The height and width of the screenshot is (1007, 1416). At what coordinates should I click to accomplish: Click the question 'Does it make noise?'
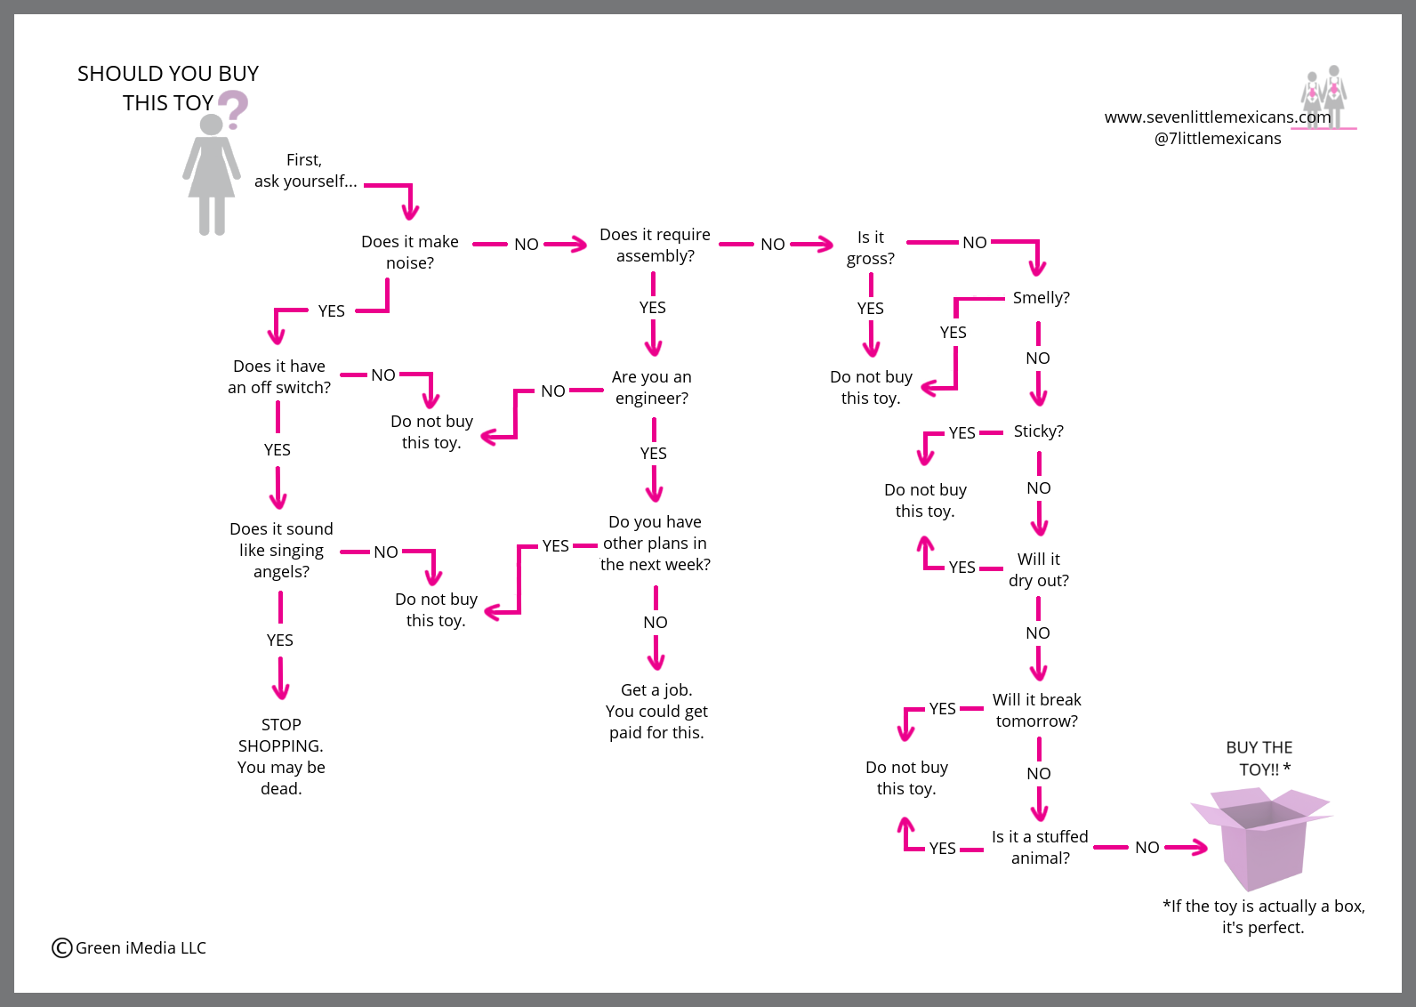410,252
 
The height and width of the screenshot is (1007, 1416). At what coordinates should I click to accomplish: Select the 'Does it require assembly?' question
655,245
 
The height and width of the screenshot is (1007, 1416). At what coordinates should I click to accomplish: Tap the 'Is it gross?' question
871,248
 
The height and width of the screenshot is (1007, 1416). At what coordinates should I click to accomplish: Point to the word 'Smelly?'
1042,298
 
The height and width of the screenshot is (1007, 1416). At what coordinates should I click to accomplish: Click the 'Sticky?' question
1039,431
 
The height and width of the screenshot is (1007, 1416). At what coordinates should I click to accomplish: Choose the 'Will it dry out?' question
1039,569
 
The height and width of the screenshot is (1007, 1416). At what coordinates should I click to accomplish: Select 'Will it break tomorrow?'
1037,710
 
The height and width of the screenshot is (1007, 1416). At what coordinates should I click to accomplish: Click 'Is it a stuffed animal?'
1040,847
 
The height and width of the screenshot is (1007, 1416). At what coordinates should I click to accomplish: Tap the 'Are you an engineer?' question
652,387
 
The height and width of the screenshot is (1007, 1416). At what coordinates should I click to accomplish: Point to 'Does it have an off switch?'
278,376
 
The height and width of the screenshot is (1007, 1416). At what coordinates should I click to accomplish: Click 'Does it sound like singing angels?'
281,550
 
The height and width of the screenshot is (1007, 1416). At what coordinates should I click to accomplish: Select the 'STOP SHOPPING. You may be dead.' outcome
281,756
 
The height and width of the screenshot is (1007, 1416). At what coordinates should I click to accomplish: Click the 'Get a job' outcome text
656,711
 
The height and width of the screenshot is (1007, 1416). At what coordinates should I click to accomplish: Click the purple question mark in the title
234,109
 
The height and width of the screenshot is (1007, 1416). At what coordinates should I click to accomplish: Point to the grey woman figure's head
211,125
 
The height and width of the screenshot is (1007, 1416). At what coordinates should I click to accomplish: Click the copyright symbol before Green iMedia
62,947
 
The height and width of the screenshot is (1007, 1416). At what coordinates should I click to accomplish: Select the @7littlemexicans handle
1218,139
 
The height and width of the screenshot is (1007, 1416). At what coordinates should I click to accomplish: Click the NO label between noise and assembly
526,244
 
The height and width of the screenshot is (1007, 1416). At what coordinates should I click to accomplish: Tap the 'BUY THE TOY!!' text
1259,759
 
